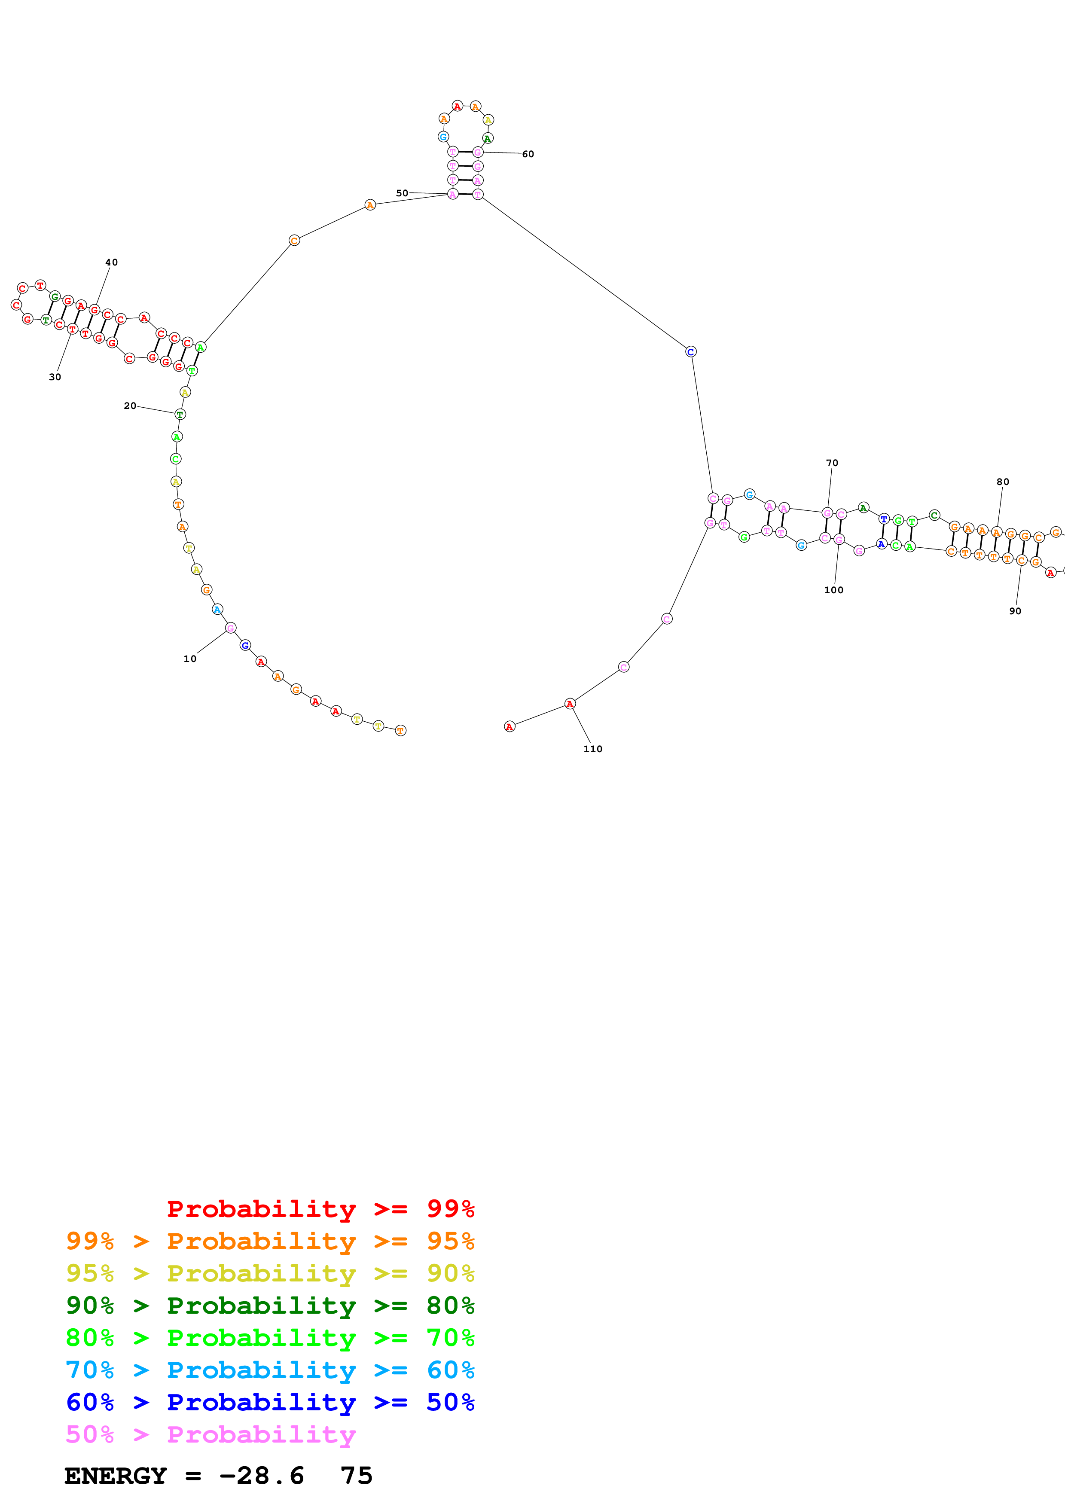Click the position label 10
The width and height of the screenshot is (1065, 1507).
point(189,659)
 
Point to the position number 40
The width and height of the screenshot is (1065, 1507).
point(112,262)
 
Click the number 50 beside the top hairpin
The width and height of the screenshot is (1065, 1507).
point(402,193)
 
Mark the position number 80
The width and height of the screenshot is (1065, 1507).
point(1003,482)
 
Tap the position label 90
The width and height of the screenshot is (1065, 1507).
point(1015,611)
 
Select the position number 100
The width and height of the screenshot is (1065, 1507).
point(833,590)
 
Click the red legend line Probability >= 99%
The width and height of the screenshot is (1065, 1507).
point(320,1208)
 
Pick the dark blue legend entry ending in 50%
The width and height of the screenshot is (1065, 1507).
point(270,1402)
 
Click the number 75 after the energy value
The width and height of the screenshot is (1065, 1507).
point(356,1476)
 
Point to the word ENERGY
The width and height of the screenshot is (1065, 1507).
point(116,1476)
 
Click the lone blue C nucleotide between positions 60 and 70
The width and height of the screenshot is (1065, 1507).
point(690,352)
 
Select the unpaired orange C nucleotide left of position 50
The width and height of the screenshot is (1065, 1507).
point(294,241)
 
